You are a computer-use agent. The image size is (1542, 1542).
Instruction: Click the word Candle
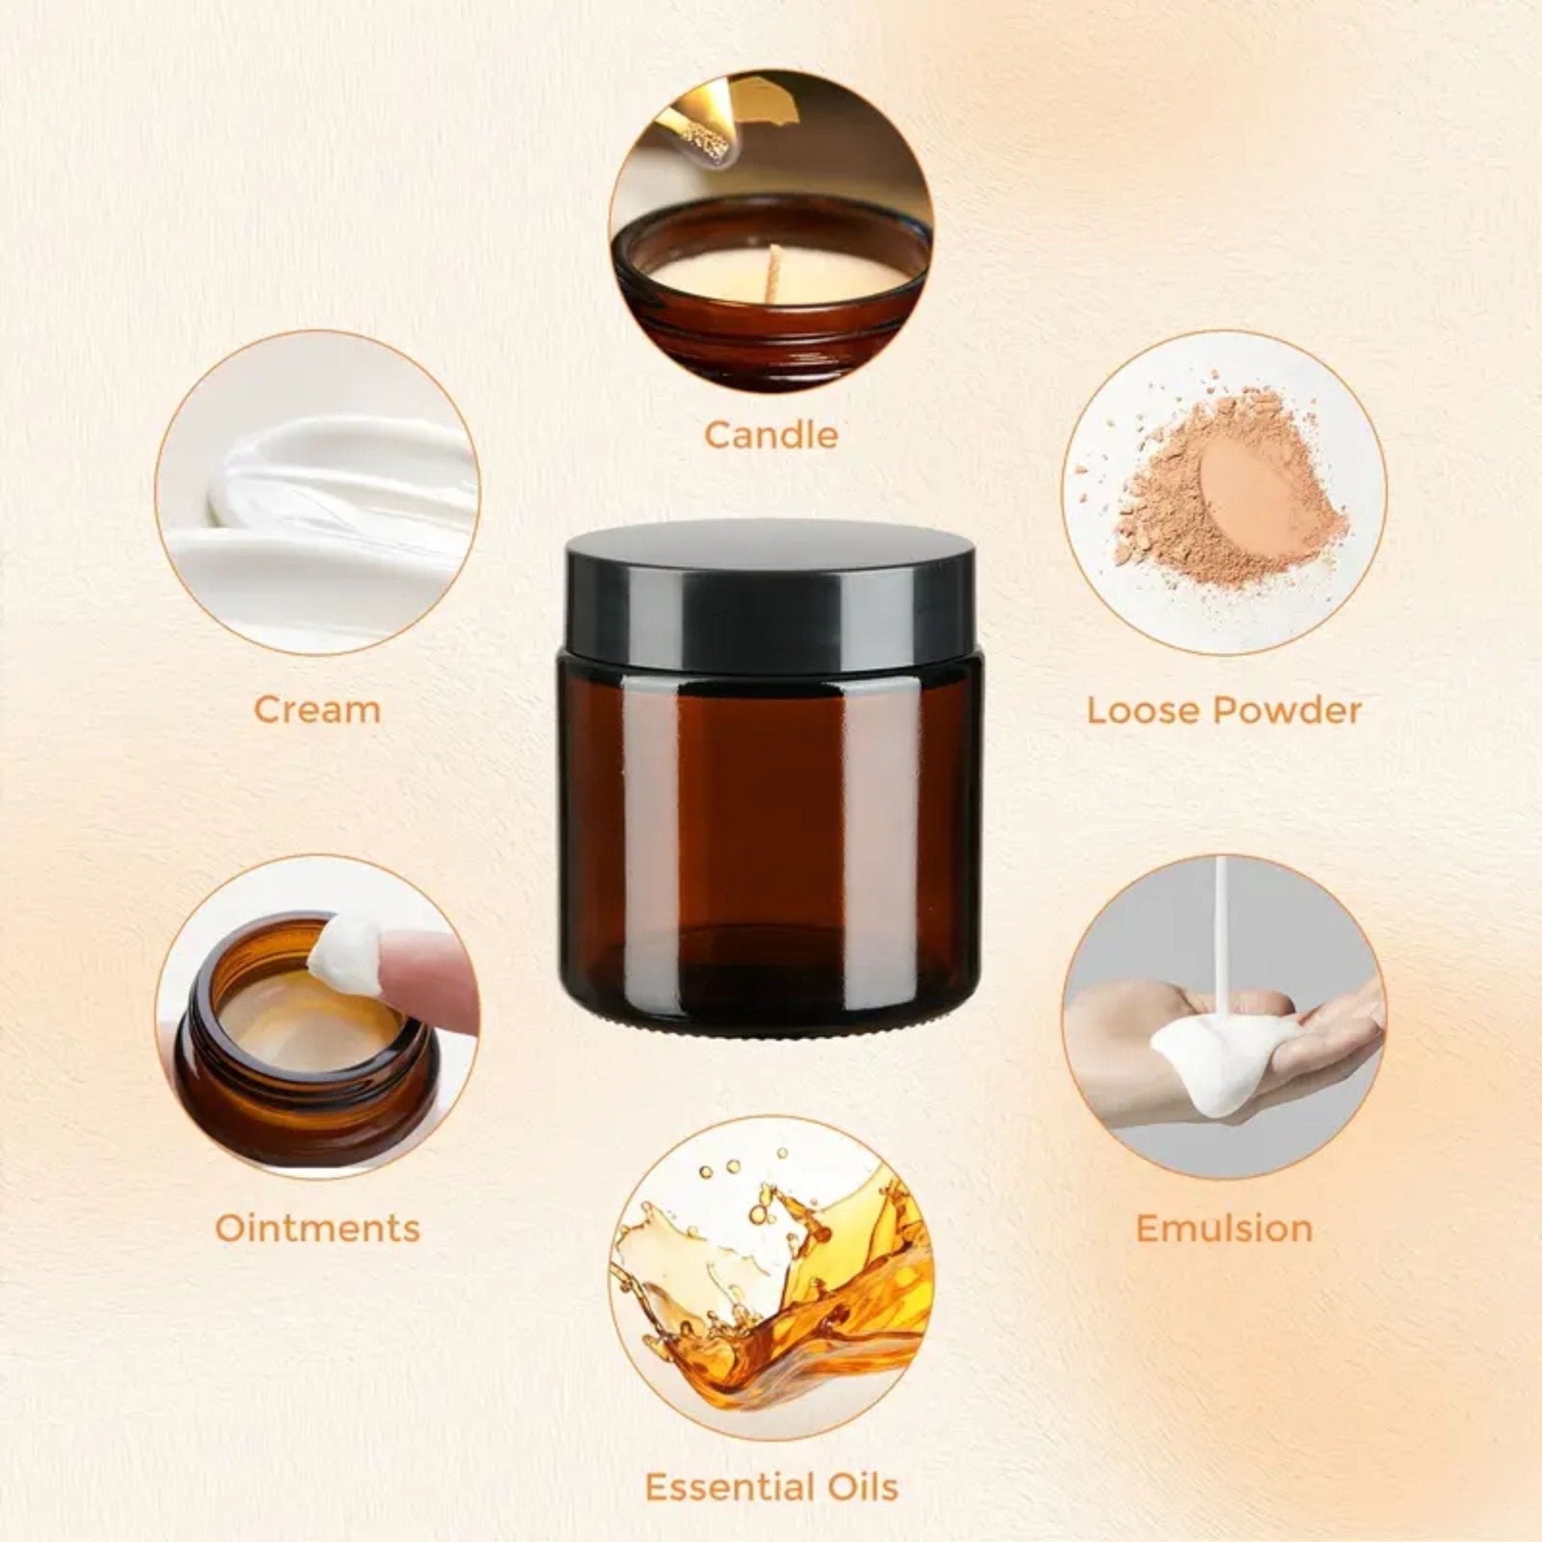771,435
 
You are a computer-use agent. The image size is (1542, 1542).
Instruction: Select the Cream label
317,709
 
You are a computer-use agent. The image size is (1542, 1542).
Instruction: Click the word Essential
727,1488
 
